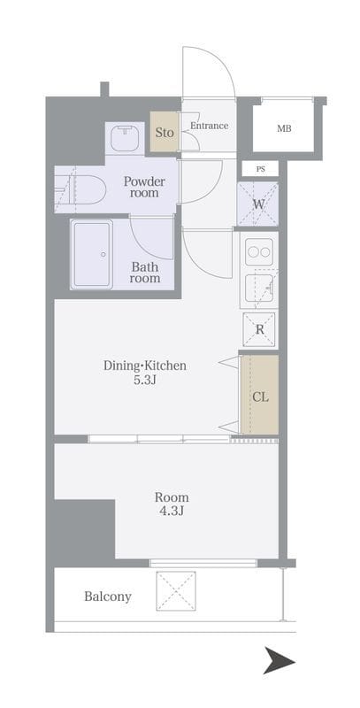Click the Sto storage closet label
165,133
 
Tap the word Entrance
209,126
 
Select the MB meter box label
284,128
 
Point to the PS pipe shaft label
260,169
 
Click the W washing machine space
258,204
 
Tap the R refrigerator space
259,329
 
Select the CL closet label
260,397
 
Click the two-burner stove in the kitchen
259,251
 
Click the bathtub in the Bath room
92,254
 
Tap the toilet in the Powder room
80,189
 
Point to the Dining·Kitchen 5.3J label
145,373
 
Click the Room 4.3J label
172,504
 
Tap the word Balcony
108,596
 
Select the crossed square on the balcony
176,591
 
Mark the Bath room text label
145,273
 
